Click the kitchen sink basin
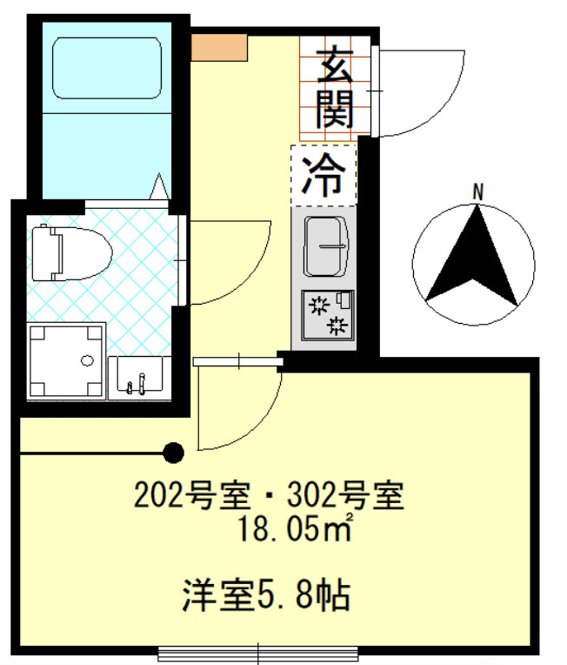325,246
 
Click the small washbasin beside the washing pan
139,377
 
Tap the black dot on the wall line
174,453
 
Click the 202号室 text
190,496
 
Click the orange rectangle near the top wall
219,48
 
